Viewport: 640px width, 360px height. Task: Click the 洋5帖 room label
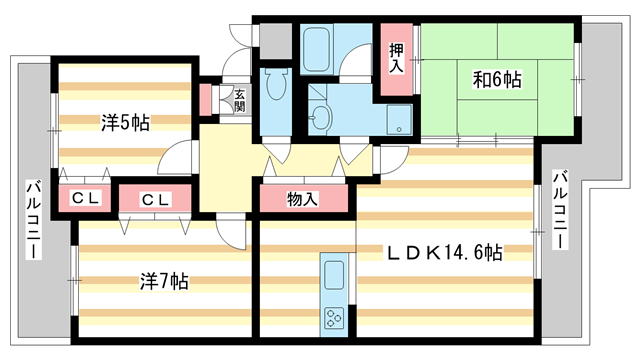click(x=125, y=123)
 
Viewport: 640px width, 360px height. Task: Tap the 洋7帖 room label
click(x=163, y=281)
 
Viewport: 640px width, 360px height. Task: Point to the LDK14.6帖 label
click(x=445, y=254)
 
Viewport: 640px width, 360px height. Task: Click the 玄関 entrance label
click(x=240, y=101)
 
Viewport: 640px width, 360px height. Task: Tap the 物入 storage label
click(x=302, y=199)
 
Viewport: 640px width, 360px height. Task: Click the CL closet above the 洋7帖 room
click(x=155, y=199)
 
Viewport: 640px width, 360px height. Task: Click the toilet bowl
click(x=274, y=85)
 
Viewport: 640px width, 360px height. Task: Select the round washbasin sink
click(x=320, y=118)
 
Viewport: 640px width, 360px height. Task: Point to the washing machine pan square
click(x=398, y=119)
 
